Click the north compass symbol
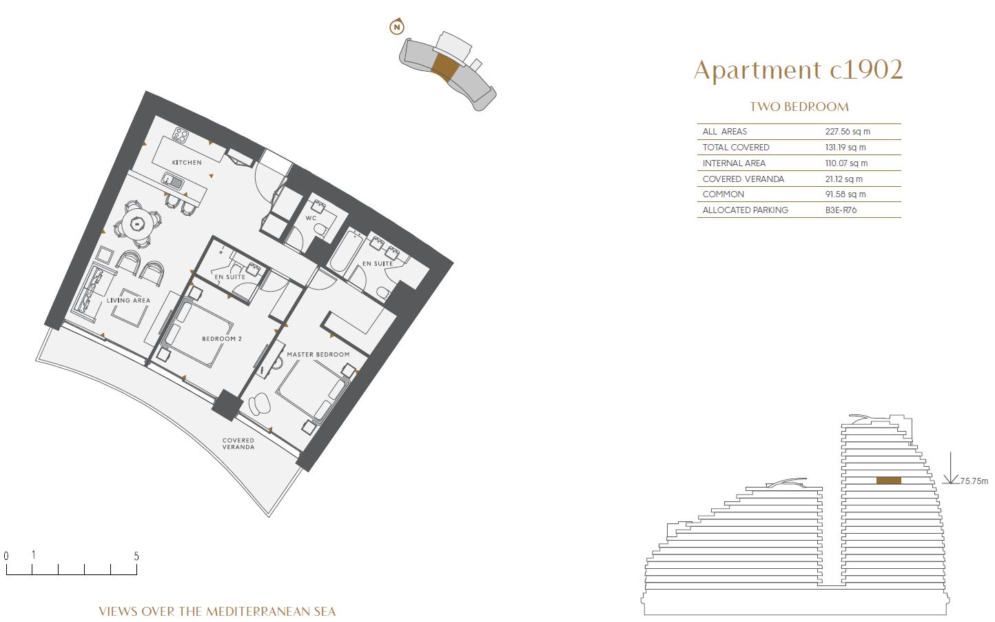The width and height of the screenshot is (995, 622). [x=397, y=27]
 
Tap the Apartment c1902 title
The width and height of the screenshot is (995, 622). [x=798, y=70]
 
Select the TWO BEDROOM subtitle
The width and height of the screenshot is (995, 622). [x=799, y=107]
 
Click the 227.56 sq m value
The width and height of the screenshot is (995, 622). [x=848, y=132]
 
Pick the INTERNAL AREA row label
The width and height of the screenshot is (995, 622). [x=734, y=163]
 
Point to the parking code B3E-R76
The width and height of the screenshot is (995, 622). [x=841, y=210]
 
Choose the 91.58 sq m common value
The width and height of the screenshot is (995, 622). [x=845, y=194]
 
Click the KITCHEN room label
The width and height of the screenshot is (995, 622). [x=187, y=163]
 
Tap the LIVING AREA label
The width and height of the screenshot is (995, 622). [x=128, y=301]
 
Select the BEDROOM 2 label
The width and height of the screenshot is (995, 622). [x=222, y=339]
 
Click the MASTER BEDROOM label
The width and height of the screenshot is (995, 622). [x=318, y=355]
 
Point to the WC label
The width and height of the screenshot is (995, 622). [x=311, y=219]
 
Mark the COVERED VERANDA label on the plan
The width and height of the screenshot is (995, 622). [x=238, y=443]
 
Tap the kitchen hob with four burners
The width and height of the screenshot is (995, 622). [x=181, y=134]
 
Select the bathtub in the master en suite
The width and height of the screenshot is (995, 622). [x=343, y=250]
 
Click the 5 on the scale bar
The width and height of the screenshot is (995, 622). [x=136, y=556]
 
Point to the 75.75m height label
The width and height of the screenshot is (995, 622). [x=974, y=481]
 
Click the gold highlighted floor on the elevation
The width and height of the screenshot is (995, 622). [x=888, y=481]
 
